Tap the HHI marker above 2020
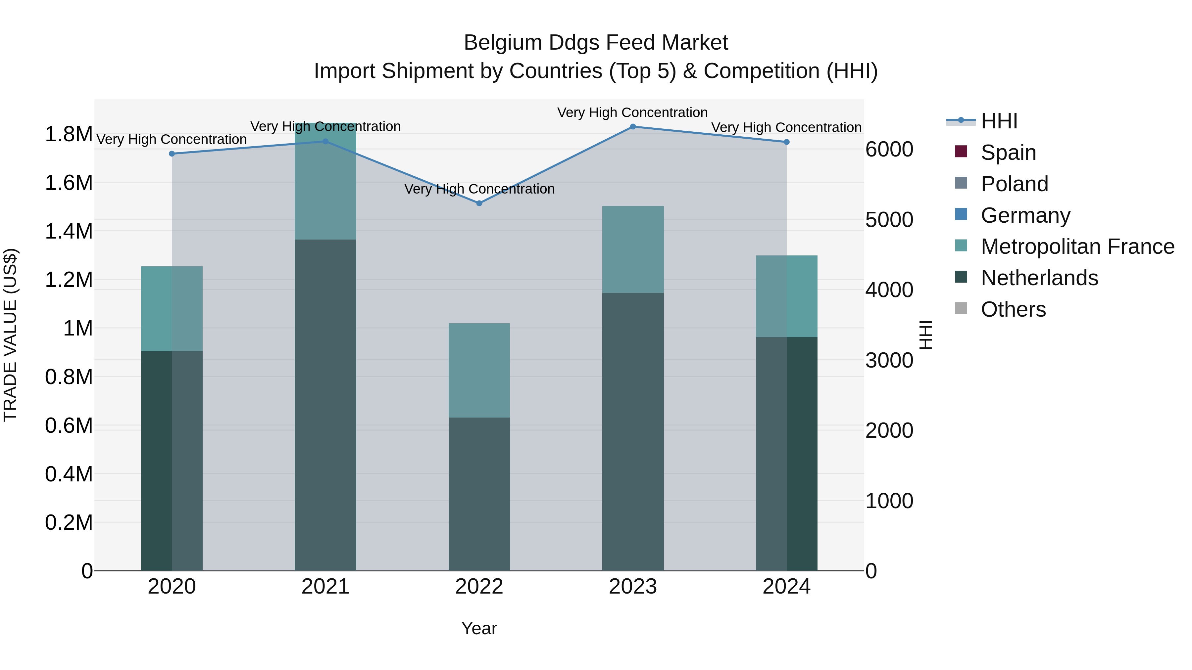point(172,154)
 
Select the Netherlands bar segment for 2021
point(325,405)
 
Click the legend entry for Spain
point(1008,153)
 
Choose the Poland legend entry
point(1014,184)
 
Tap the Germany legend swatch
point(961,214)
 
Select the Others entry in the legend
point(1013,309)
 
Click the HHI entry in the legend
point(999,121)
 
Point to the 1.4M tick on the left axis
point(69,231)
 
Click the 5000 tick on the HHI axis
point(889,220)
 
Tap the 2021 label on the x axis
point(325,587)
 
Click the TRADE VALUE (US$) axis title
point(10,335)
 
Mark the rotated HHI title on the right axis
point(925,335)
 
